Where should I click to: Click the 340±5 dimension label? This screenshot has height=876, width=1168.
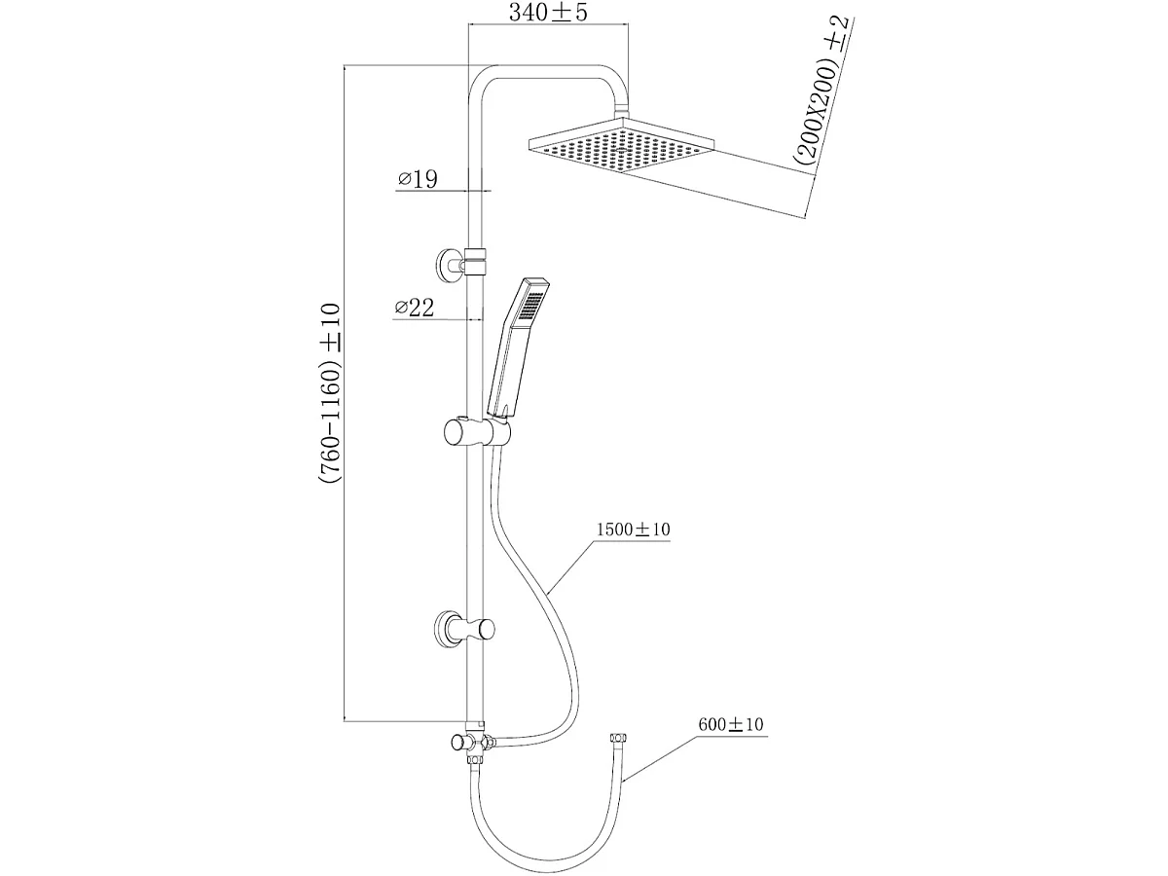point(548,13)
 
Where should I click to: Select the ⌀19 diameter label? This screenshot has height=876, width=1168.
point(418,179)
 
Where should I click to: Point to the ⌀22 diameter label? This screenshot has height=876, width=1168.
point(414,308)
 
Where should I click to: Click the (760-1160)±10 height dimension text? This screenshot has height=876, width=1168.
point(329,393)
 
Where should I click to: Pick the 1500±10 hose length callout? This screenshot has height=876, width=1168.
point(633,529)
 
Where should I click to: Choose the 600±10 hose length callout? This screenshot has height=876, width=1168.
point(731,724)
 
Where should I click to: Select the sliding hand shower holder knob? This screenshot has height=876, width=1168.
point(456,432)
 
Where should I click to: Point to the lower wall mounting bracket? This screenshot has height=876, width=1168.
point(464,628)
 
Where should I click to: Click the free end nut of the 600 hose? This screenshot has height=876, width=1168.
point(618,740)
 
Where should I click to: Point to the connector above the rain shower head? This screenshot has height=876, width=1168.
point(621,111)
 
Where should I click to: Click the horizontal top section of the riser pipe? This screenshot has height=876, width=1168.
point(548,72)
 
